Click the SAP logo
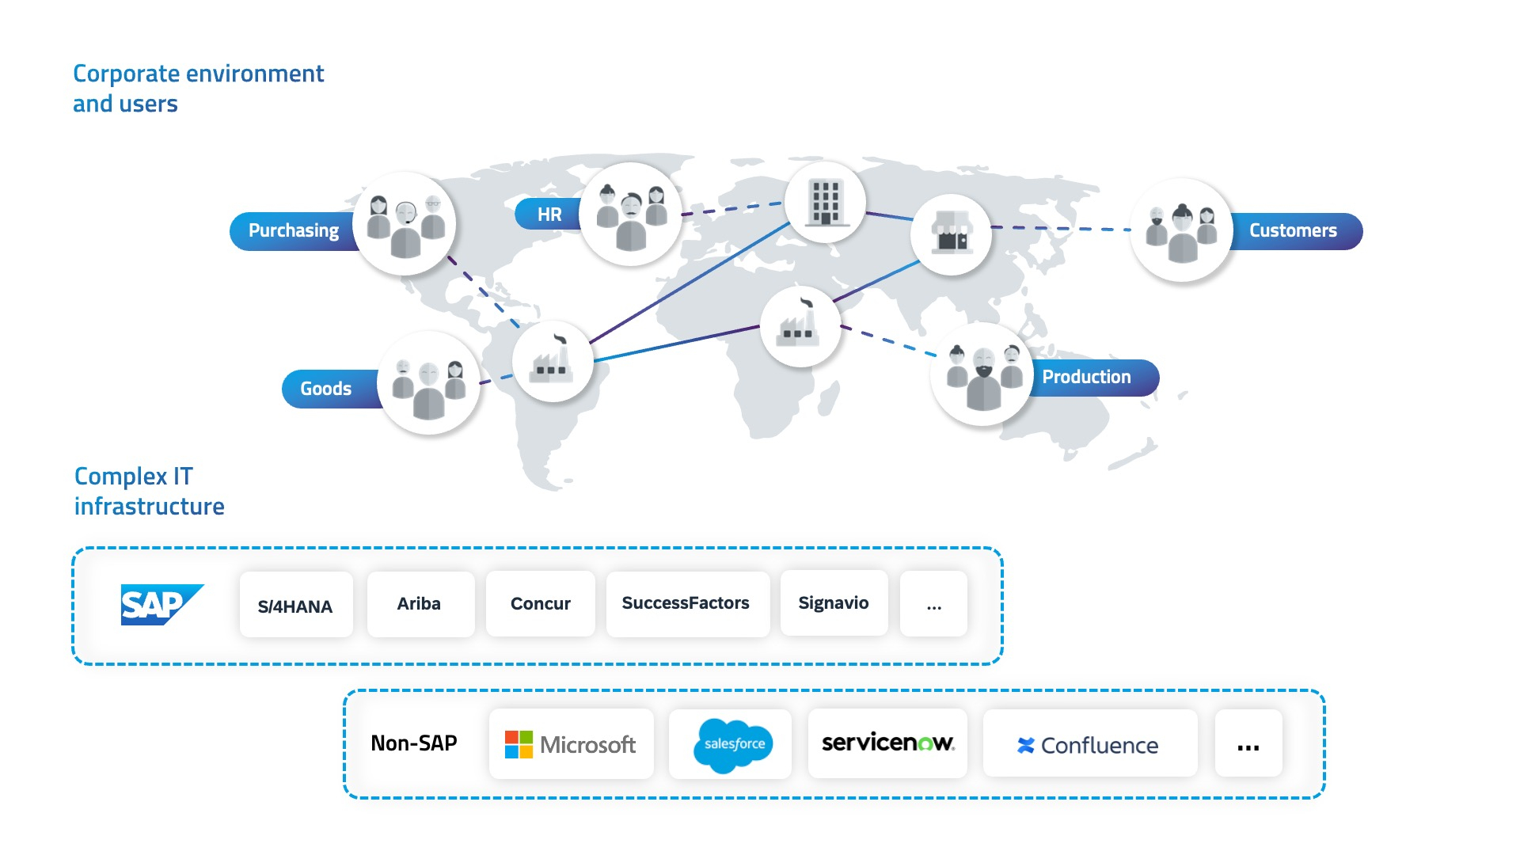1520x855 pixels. coord(161,605)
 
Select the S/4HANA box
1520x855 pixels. coord(295,606)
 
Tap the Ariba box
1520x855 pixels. coord(420,604)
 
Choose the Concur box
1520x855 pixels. coord(540,604)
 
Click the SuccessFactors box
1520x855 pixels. coord(686,603)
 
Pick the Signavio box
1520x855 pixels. coord(833,603)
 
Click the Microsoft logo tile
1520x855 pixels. coord(571,744)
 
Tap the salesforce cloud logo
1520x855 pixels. coord(732,744)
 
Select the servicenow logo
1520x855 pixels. coord(887,743)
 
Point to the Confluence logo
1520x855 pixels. coord(1088,745)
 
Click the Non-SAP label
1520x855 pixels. coord(414,743)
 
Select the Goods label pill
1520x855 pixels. coord(326,389)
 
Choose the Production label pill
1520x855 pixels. coord(1088,378)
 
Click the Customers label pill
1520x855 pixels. coord(1294,231)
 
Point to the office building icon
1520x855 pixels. coord(825,203)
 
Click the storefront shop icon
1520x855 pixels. coord(952,234)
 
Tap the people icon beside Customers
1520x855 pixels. coord(1181,230)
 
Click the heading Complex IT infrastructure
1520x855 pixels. coord(149,491)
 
